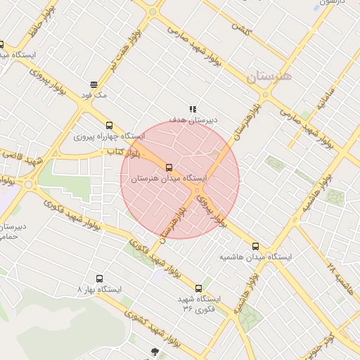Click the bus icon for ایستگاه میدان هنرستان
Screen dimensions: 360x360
[169, 167]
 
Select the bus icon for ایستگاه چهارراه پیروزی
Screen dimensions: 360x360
[108, 125]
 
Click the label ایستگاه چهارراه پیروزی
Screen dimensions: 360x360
[110, 136]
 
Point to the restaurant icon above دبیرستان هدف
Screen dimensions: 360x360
[192, 109]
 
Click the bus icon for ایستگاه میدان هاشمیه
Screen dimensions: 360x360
[255, 247]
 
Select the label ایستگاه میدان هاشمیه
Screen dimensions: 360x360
[256, 257]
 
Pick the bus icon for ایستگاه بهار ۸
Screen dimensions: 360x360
[99, 278]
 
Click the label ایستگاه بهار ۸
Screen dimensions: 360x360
[100, 290]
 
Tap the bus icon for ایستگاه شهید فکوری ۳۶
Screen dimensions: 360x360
[199, 288]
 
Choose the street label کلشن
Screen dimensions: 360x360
[243, 31]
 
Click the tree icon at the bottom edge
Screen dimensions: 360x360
[154, 352]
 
